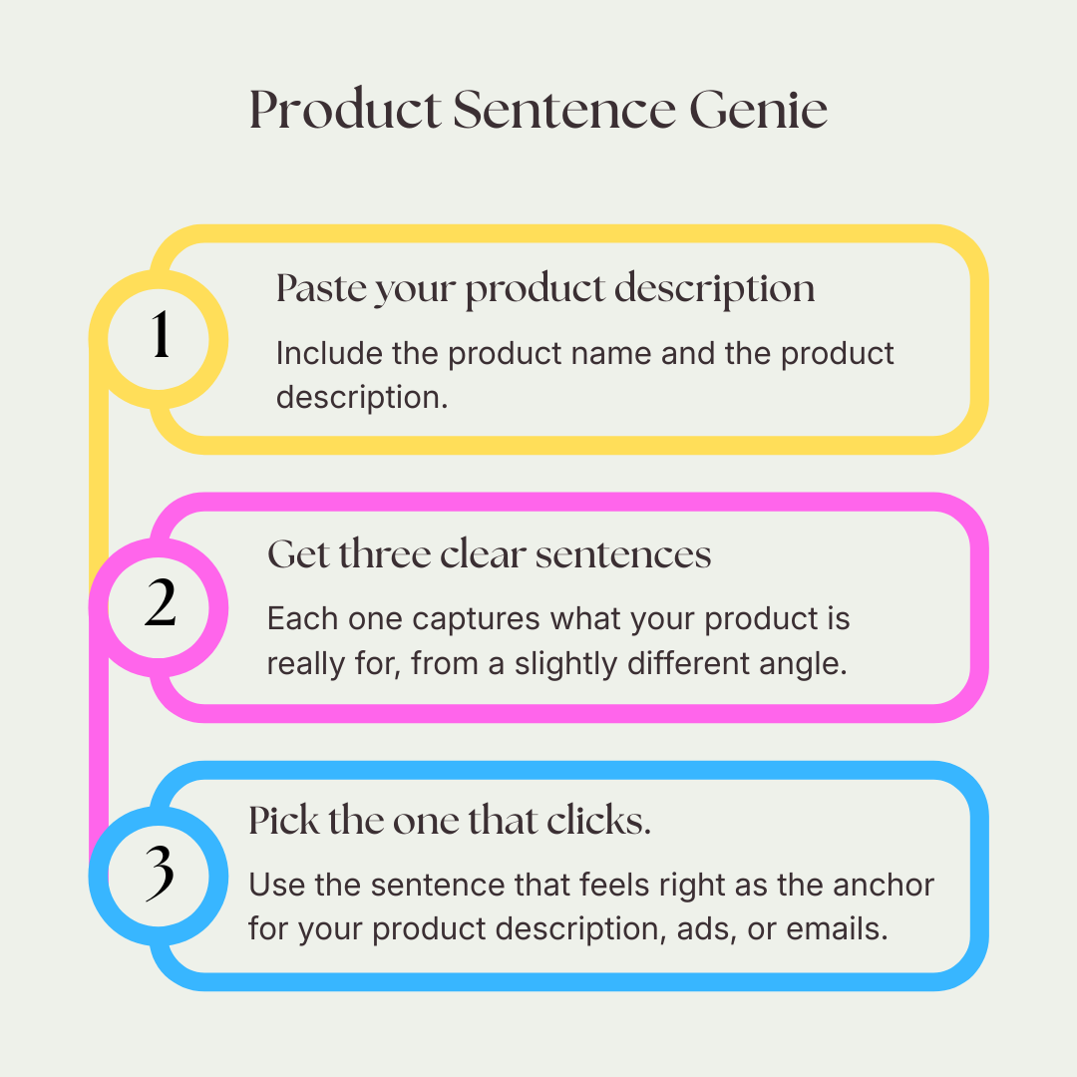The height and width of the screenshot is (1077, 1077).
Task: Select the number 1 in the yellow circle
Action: pos(160,338)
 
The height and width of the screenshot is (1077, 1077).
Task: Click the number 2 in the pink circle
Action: pos(160,606)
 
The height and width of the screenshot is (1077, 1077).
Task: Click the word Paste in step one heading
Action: pos(317,289)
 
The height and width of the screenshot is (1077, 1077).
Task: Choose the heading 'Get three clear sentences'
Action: pos(489,554)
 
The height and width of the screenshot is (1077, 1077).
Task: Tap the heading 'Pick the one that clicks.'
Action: pos(449,821)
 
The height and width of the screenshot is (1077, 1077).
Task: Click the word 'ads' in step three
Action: pos(705,928)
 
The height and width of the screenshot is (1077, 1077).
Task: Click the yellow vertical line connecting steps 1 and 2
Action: pos(99,469)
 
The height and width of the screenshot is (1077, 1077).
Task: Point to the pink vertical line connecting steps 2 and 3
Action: pos(99,738)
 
